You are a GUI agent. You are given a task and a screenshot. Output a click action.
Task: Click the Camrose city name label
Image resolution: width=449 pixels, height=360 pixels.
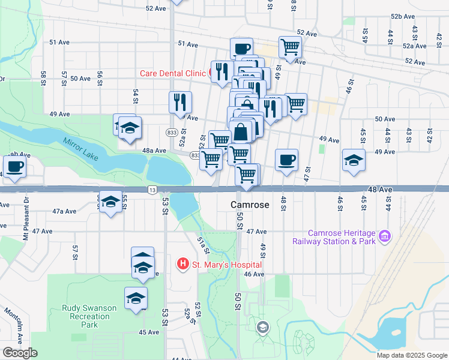pos(250,205)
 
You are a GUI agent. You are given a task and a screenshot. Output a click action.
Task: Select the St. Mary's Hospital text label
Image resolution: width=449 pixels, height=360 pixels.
pos(227,264)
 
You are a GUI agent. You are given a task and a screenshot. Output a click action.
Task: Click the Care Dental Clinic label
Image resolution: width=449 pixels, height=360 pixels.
pos(172,73)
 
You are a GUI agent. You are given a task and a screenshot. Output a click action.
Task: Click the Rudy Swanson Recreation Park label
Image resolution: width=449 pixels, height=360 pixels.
pos(89,316)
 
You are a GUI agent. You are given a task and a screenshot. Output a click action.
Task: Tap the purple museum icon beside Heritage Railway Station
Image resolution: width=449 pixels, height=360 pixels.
pos(384,237)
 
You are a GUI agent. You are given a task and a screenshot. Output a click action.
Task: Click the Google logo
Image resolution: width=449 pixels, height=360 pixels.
pos(20,353)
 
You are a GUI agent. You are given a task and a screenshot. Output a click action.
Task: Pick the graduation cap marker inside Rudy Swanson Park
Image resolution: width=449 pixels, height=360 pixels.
pos(136,297)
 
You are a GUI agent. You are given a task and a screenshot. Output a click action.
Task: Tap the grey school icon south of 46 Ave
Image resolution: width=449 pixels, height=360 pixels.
pos(262,327)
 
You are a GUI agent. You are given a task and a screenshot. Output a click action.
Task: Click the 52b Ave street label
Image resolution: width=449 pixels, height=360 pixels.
pos(403,16)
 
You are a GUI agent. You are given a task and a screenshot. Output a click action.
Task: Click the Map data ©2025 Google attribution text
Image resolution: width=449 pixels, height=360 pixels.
pos(411,355)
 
